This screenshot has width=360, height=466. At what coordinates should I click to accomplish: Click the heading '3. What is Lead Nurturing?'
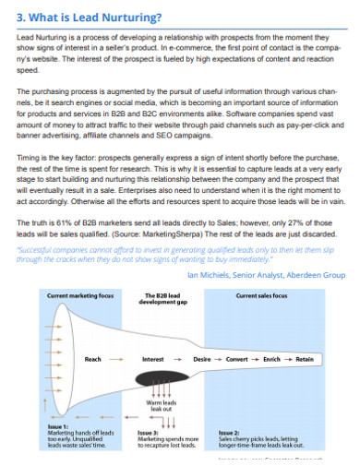coord(89,16)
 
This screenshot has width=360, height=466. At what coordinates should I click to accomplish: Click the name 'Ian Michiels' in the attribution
coord(212,275)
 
